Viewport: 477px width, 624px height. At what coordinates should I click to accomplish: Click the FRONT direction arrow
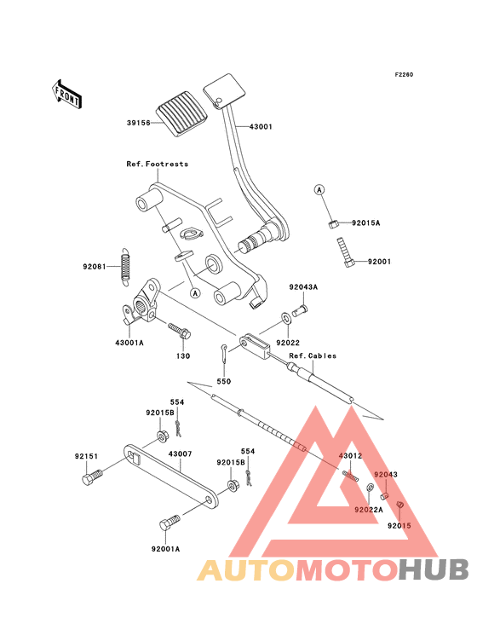(x=66, y=95)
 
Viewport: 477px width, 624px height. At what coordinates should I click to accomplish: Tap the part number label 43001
(x=261, y=127)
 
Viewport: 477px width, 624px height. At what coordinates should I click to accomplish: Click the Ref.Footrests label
(x=158, y=164)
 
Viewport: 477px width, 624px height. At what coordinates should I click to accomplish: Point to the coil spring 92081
(x=125, y=266)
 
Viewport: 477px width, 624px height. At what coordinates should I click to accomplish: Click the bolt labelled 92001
(x=345, y=252)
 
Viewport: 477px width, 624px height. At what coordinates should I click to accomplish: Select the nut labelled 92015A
(x=333, y=224)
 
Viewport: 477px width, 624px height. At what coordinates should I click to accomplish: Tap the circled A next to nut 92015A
(x=319, y=190)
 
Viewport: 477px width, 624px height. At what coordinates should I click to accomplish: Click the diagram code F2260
(x=404, y=74)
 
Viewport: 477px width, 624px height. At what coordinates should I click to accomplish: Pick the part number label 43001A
(x=129, y=343)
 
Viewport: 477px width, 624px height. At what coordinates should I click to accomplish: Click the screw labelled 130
(x=179, y=330)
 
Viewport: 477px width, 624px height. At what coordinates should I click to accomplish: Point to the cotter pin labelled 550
(x=224, y=354)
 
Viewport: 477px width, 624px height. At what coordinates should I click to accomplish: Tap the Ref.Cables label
(x=313, y=355)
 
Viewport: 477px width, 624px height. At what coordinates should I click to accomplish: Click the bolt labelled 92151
(x=92, y=477)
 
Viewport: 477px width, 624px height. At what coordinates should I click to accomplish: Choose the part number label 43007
(x=180, y=454)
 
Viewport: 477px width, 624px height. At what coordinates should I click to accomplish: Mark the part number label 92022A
(x=369, y=510)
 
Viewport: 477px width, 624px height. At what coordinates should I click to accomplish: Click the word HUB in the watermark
(x=434, y=570)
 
